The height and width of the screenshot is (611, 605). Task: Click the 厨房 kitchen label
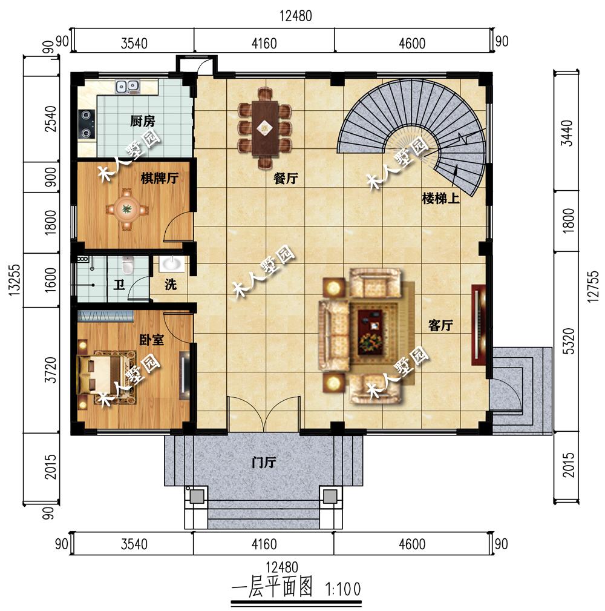point(143,121)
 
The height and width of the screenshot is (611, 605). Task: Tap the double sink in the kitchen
point(127,86)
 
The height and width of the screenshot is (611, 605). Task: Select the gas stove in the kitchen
point(86,124)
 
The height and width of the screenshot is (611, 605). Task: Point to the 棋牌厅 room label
point(160,178)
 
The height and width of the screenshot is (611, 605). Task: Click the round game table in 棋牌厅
point(126,210)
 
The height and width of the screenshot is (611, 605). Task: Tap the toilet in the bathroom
point(127,265)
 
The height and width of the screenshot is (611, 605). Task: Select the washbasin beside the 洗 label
point(172,263)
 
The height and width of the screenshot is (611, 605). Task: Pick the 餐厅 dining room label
point(286,179)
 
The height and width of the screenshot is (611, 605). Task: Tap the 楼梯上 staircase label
point(440,199)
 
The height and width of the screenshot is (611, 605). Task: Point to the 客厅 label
point(440,325)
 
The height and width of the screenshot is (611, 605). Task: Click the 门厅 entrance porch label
point(264,463)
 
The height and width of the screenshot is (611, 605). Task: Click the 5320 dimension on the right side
point(569,342)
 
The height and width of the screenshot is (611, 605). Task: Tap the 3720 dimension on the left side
point(51,370)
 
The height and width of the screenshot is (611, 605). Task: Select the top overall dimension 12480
point(296,16)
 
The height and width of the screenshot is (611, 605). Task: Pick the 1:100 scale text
point(343,589)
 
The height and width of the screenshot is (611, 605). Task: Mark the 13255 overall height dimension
point(14,280)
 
